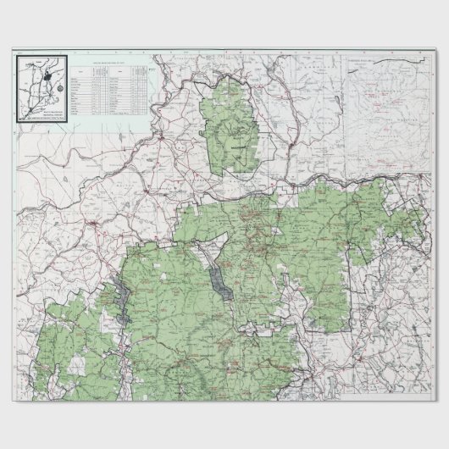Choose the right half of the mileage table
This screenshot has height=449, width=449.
(x=125, y=93)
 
